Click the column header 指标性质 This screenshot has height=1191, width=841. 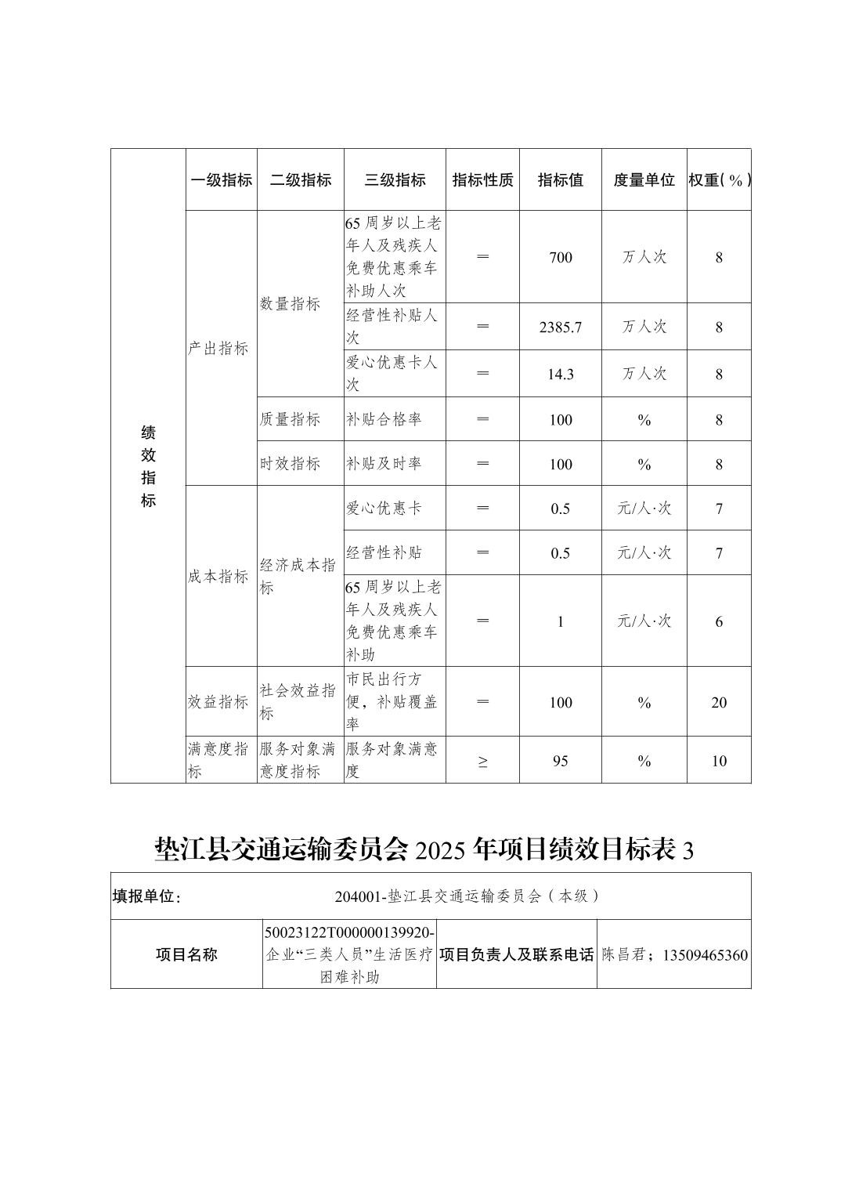[x=482, y=180]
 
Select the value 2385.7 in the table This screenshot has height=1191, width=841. [x=561, y=328]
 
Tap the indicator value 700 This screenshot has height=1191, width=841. [x=561, y=258]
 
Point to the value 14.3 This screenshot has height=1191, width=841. [x=561, y=375]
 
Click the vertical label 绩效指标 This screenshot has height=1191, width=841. [x=148, y=466]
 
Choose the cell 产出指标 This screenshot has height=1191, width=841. [x=218, y=349]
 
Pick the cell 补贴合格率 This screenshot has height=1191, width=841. [x=384, y=420]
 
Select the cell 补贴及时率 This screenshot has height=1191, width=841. [x=384, y=464]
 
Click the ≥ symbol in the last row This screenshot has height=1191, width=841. [x=482, y=761]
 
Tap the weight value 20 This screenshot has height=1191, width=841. [x=719, y=703]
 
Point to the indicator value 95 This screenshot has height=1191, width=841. [x=561, y=761]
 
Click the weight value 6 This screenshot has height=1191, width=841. [x=719, y=622]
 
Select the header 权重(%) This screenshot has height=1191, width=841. [x=719, y=180]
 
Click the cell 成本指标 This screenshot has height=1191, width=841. [x=218, y=577]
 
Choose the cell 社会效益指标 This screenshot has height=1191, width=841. [x=298, y=702]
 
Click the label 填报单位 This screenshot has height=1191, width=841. [x=147, y=896]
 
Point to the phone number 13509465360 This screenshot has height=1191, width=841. [x=705, y=955]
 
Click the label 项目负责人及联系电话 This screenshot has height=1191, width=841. [x=517, y=955]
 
